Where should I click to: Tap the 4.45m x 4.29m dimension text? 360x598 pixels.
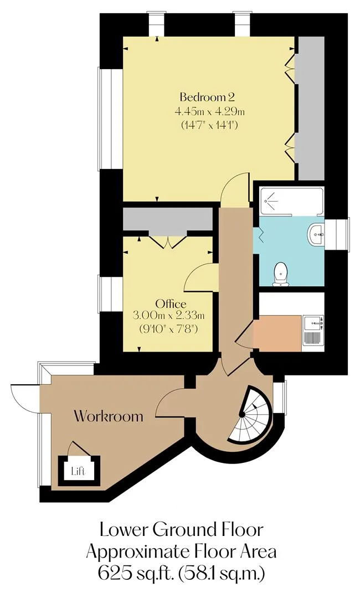point(209,112)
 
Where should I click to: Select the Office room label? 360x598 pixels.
point(171,304)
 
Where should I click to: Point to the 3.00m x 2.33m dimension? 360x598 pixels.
point(168,316)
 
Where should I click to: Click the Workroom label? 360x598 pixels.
point(109,415)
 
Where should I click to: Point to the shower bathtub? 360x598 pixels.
point(292,200)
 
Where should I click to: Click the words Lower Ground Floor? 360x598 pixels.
point(182,530)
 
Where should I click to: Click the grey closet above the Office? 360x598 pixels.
point(168,220)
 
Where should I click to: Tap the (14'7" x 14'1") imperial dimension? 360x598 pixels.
point(209,125)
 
